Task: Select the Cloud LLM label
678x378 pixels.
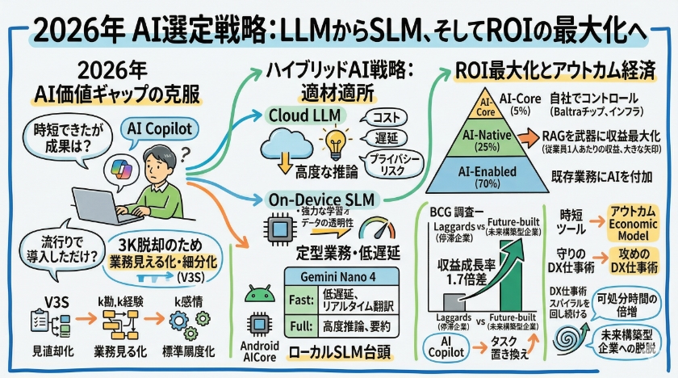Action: click(300, 115)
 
